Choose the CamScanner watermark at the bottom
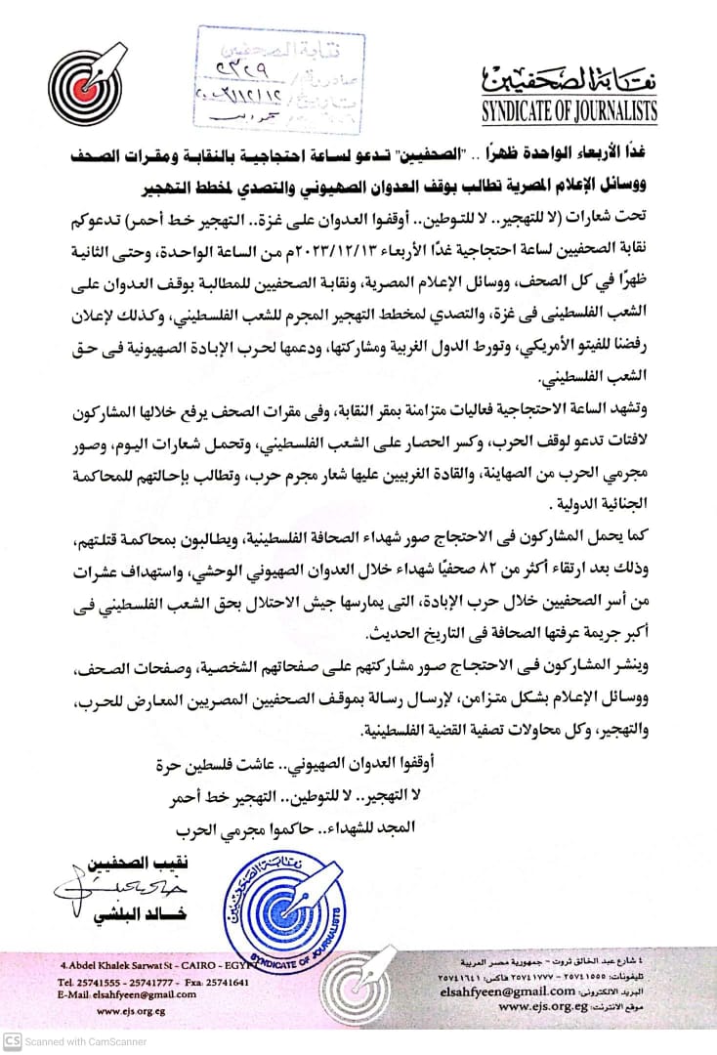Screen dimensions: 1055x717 [x=78, y=1041]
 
